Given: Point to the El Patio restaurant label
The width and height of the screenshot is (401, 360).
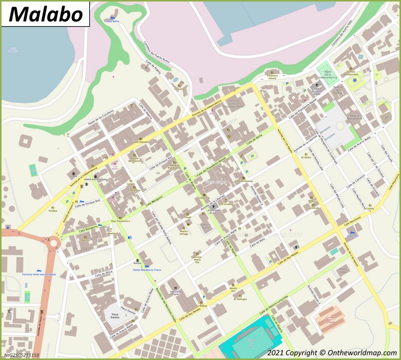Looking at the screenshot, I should coord(306,157).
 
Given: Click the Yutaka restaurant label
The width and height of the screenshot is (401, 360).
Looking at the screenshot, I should coord(53,211).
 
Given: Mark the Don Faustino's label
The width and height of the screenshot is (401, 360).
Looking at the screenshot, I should coord(120,221).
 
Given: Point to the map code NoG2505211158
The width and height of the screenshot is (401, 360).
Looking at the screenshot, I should coord(21,355).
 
